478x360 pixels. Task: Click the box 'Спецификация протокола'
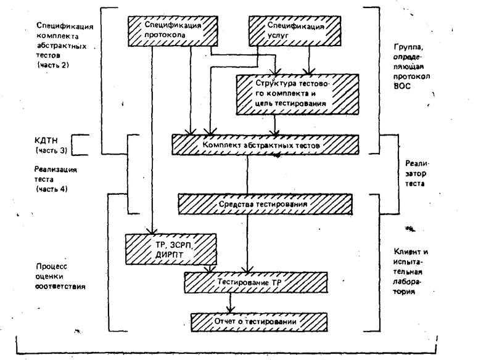174,31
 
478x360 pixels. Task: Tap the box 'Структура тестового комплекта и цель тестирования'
288,93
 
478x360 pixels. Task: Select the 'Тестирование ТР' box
244,282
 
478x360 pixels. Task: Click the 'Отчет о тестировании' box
257,322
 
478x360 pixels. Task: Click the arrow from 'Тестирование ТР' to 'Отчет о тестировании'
231,303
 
